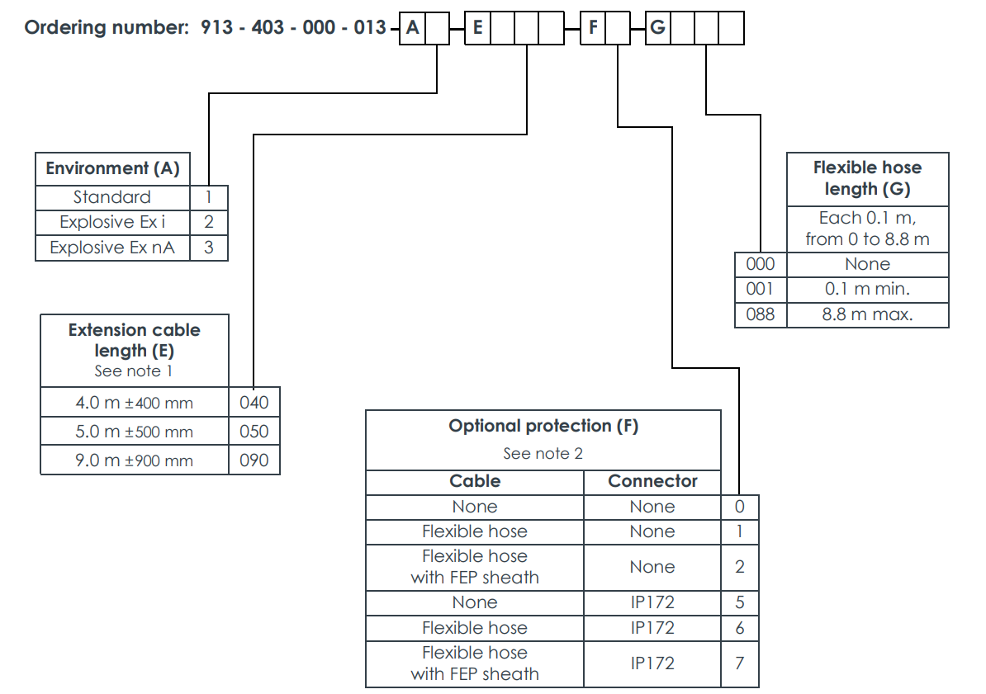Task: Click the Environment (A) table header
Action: click(112, 168)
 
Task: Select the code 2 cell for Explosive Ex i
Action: click(209, 222)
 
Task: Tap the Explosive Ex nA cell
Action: click(112, 248)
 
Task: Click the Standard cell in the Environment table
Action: click(112, 197)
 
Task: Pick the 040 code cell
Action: click(254, 403)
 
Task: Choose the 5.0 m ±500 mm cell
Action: click(135, 432)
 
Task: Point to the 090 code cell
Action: click(254, 460)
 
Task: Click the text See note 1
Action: click(134, 371)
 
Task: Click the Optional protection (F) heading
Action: click(543, 426)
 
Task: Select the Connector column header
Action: click(652, 481)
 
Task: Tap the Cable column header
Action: click(475, 481)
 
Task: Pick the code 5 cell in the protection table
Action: click(740, 603)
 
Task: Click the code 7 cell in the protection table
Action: click(740, 663)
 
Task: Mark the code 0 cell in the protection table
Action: click(740, 507)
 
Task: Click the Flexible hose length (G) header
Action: click(867, 178)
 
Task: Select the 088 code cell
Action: click(761, 314)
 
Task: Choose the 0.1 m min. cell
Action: click(867, 290)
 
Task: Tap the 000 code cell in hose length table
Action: click(761, 264)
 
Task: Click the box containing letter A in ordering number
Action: click(413, 30)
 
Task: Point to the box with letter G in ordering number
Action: click(657, 30)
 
